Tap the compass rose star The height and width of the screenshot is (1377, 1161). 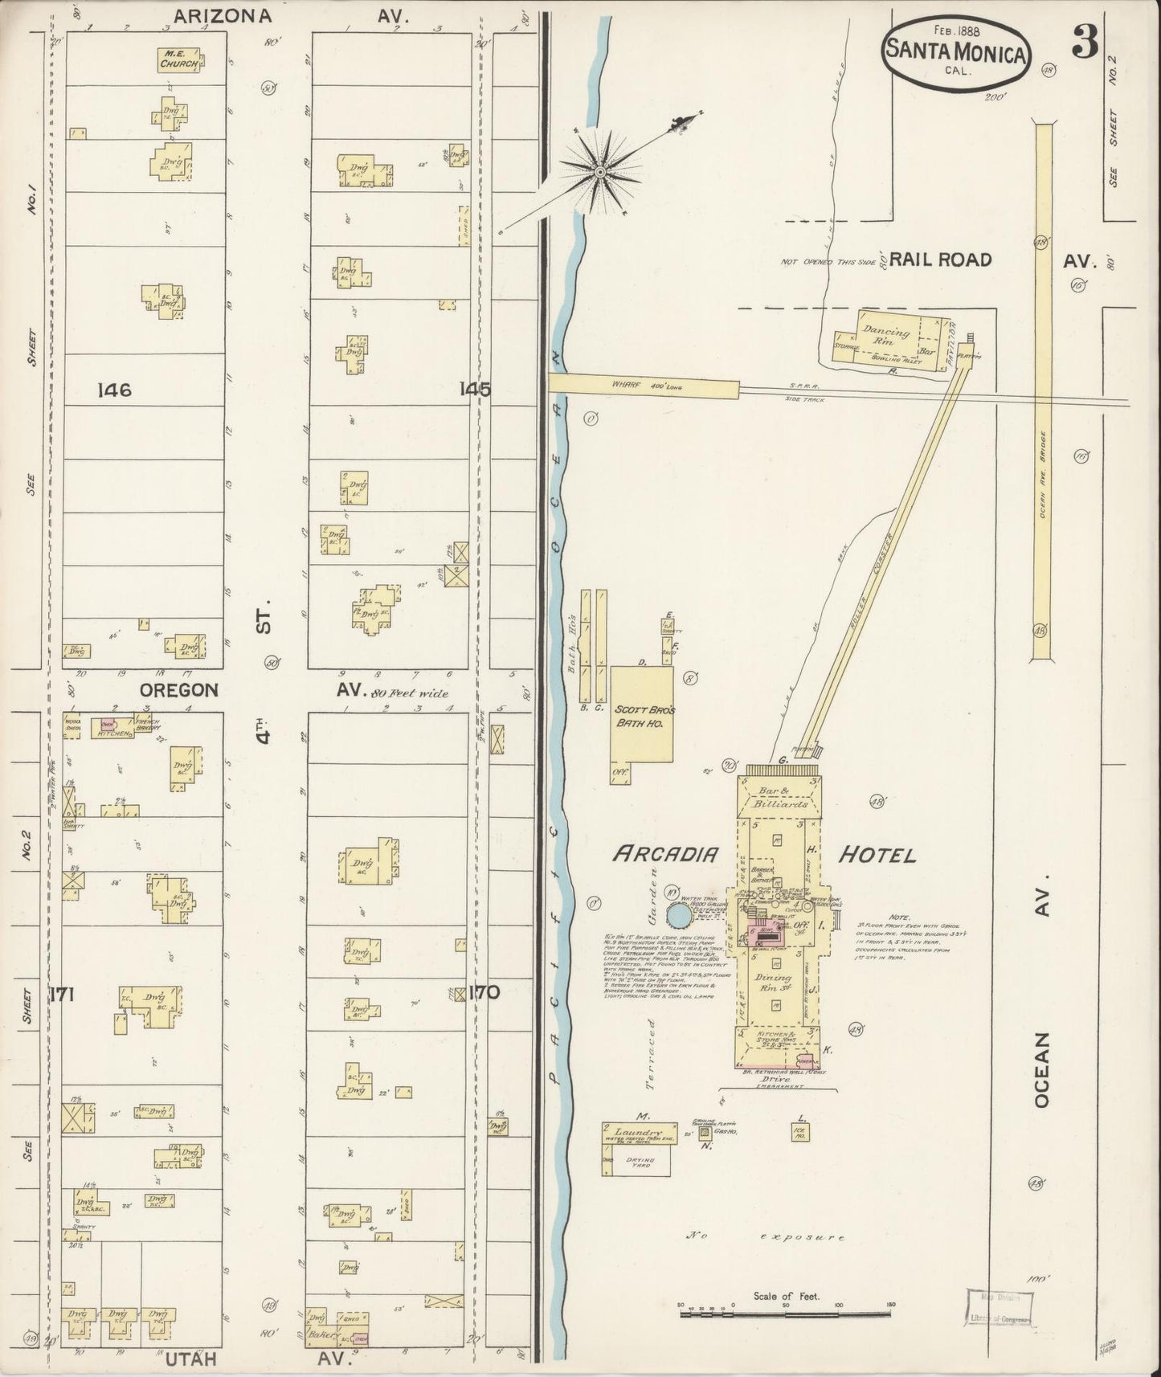(x=599, y=170)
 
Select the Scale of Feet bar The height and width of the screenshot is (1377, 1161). (x=786, y=1314)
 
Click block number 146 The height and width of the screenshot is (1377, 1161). (x=113, y=390)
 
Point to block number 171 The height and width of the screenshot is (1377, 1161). (x=62, y=995)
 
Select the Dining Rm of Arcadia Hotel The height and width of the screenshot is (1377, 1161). (x=775, y=983)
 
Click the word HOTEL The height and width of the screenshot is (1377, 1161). (x=877, y=855)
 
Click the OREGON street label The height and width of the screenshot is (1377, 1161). (x=178, y=689)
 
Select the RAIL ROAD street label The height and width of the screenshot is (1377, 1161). (x=940, y=259)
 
